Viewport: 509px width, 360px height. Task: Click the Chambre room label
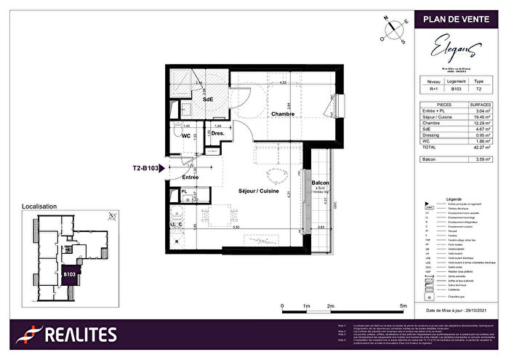coord(283,114)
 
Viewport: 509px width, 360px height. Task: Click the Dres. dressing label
coord(217,134)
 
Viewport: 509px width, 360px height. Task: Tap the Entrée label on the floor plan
coord(190,177)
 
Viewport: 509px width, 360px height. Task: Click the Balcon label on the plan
coord(321,183)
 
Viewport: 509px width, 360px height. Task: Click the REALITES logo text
coord(79,335)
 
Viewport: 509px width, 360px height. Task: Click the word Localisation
coord(39,207)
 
